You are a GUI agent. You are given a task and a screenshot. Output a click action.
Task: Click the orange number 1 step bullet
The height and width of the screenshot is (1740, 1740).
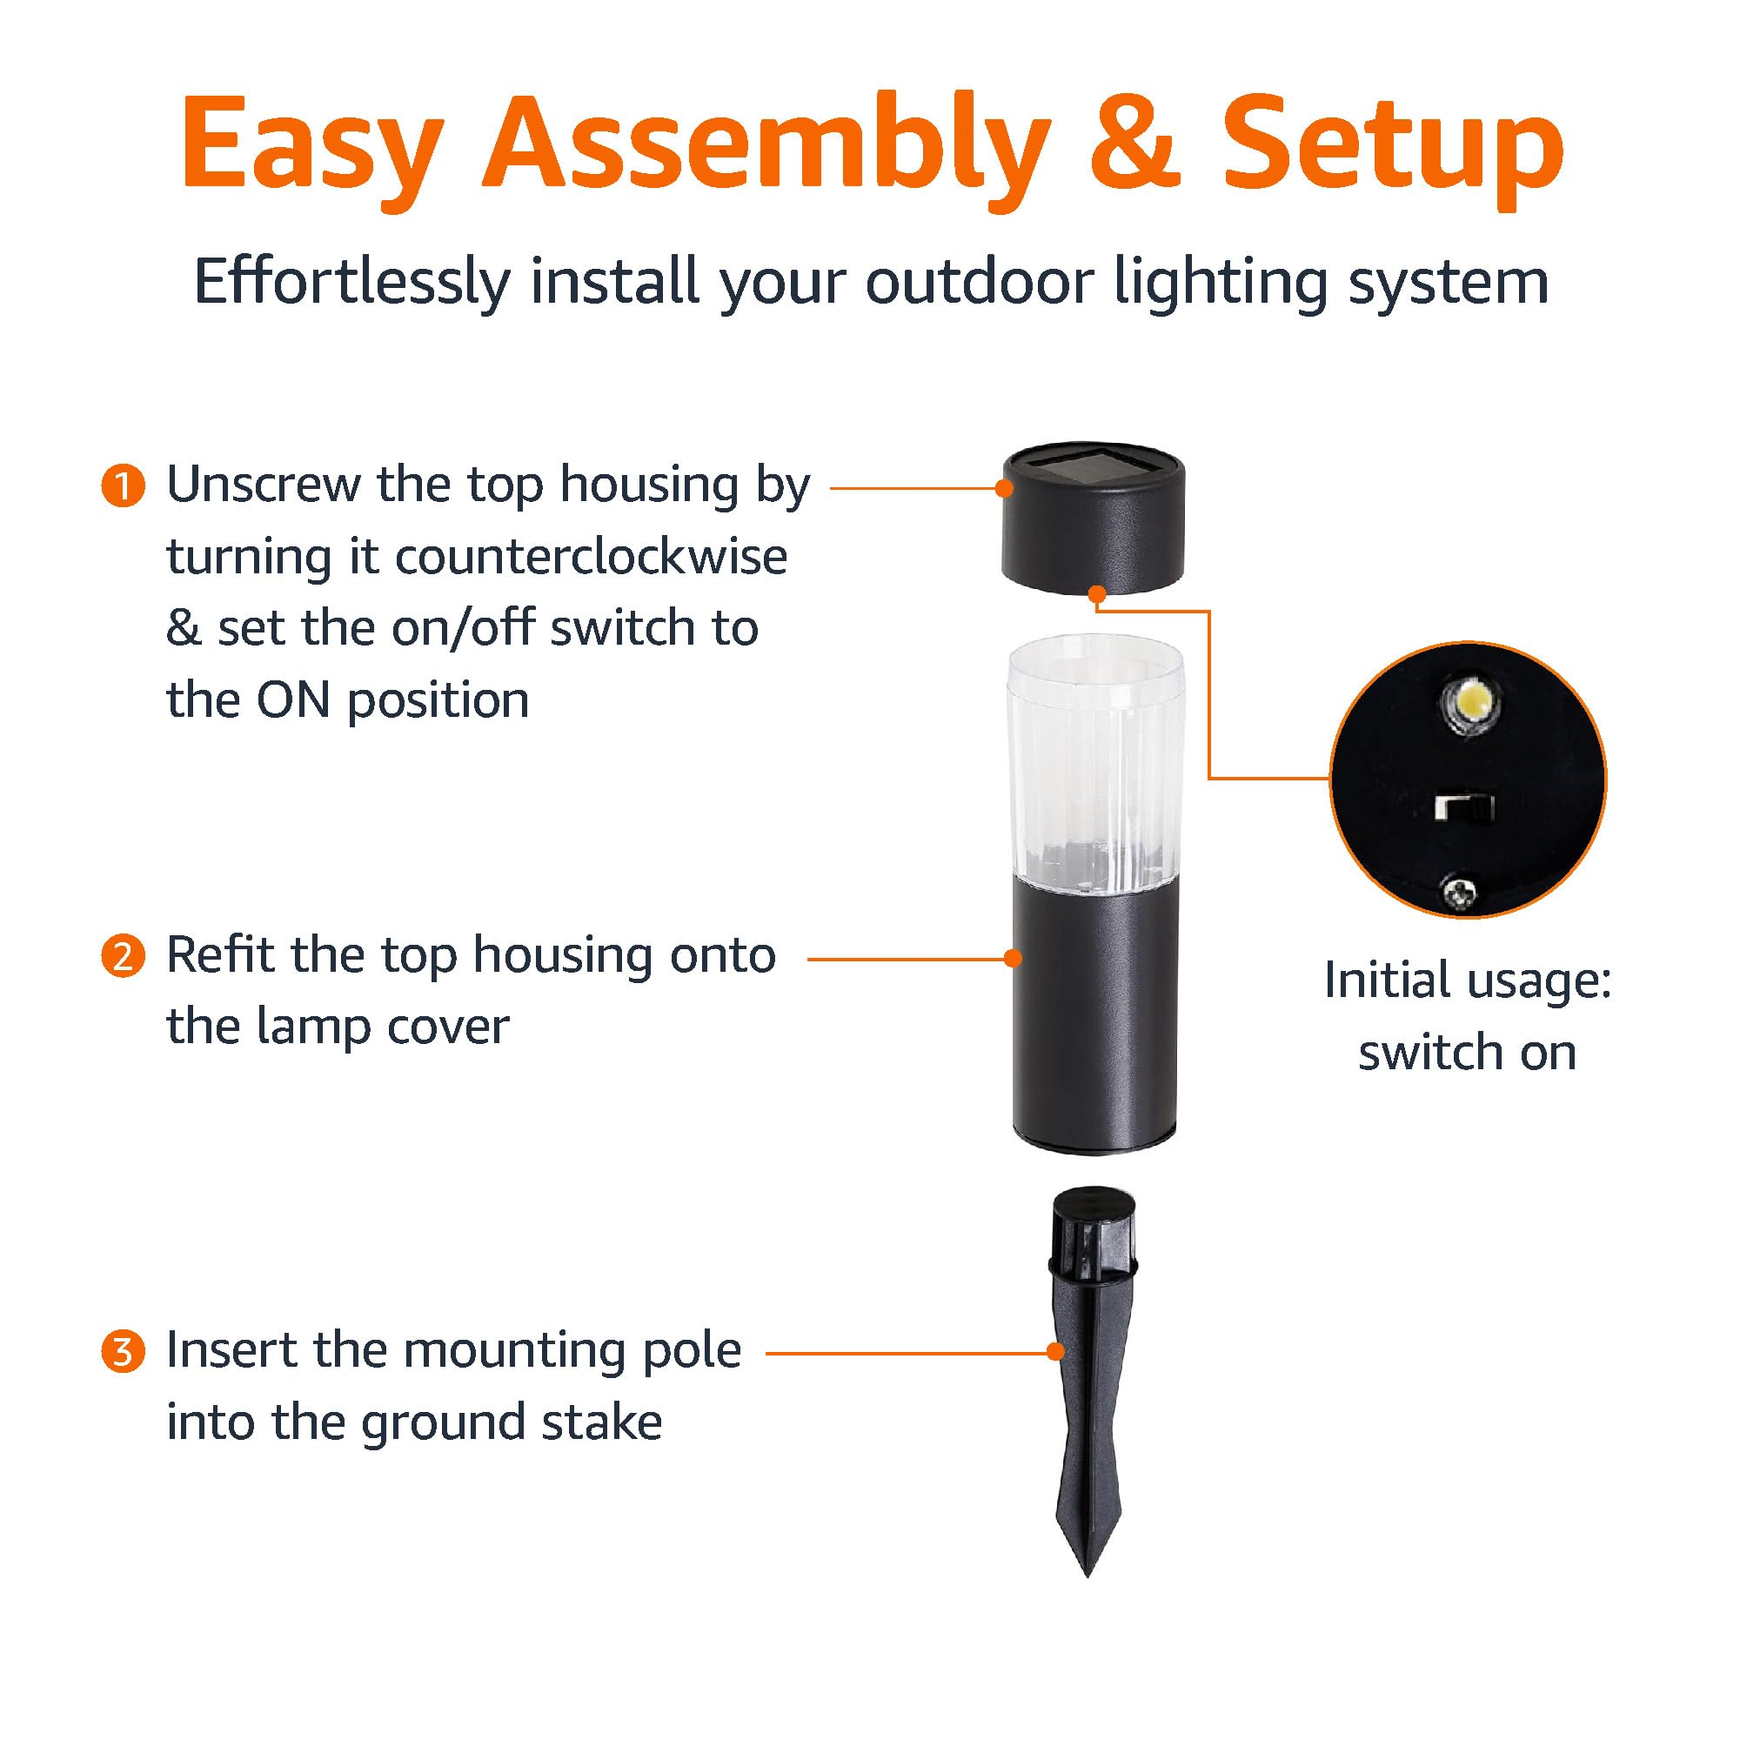tap(123, 487)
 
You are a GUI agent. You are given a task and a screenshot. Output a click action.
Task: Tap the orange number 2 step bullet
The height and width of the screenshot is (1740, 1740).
tap(123, 956)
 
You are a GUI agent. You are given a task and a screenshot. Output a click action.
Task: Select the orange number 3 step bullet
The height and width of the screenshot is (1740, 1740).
tap(123, 1352)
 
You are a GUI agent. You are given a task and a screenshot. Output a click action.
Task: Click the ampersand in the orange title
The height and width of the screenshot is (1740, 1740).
tap(1134, 144)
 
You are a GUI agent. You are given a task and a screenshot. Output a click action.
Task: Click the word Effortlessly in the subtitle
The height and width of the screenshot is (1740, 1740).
tap(352, 283)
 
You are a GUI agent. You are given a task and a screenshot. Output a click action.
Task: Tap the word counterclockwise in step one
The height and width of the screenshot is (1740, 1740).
tap(591, 558)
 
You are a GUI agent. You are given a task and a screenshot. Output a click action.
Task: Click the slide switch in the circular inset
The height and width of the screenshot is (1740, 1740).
tap(1464, 806)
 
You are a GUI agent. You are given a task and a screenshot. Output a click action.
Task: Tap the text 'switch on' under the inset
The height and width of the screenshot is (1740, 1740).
tap(1467, 1053)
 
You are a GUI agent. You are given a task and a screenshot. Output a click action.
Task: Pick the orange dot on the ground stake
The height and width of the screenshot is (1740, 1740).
tap(1054, 1352)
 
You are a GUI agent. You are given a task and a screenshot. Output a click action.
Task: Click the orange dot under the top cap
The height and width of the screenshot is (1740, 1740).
tap(1097, 594)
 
